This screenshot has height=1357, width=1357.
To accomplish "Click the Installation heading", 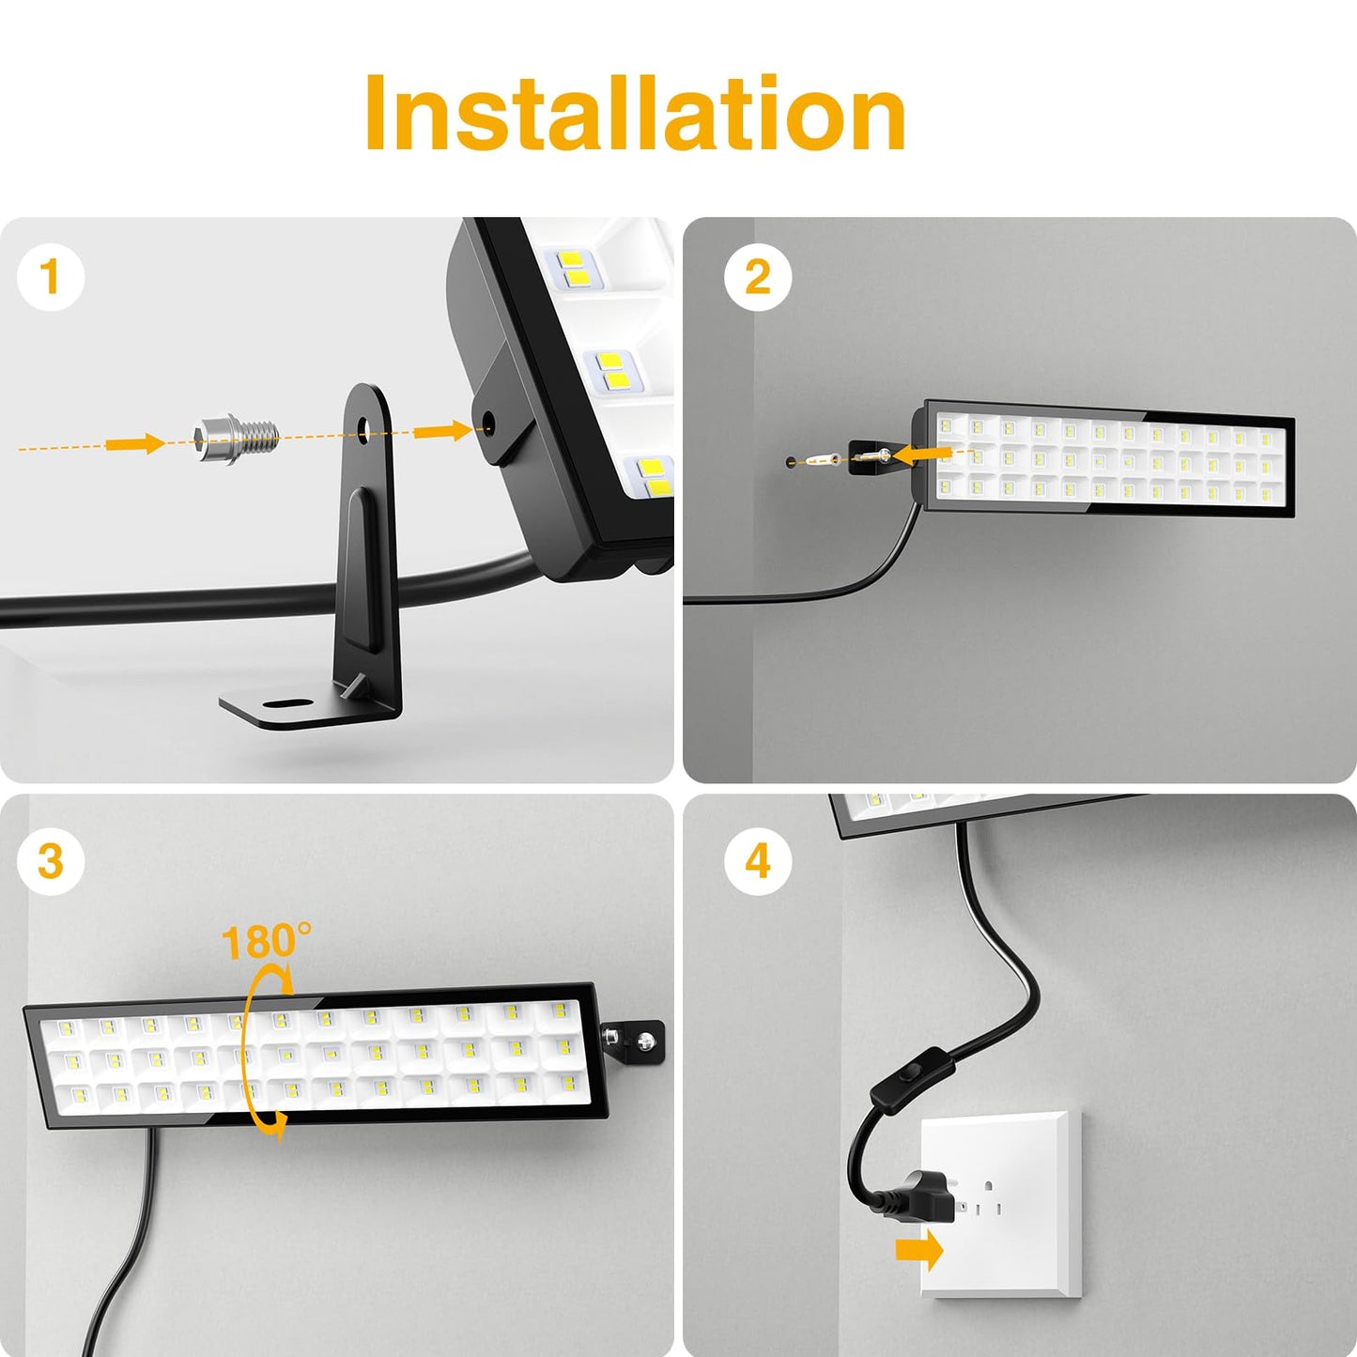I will (635, 114).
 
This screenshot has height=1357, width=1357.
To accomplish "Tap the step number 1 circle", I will (51, 277).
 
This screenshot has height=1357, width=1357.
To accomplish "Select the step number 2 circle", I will (757, 277).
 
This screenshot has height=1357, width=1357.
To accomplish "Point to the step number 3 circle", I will (51, 860).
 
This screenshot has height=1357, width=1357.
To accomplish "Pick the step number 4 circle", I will (757, 860).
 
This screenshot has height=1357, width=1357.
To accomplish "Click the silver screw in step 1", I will (235, 438).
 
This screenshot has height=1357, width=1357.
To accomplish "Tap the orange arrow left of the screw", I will (133, 443).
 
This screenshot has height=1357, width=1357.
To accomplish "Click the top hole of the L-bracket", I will (363, 434).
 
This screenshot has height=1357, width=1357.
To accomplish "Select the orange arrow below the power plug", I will (918, 1250).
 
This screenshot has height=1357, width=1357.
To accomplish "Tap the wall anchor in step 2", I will (824, 460).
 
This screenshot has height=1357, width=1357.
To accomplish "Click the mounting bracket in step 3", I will (634, 1039).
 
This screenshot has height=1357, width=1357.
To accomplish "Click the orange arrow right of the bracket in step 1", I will (441, 430).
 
